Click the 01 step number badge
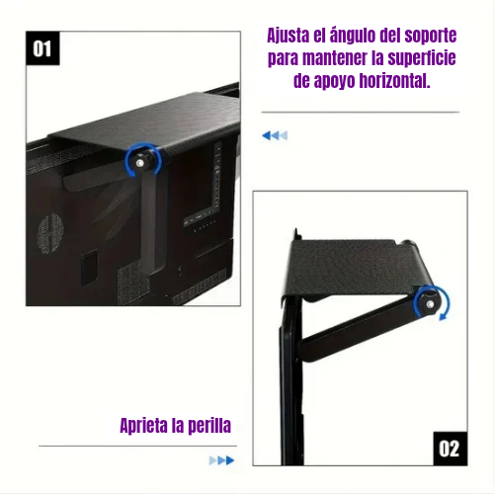(x=42, y=48)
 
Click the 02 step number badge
(x=450, y=449)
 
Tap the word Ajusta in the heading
(x=288, y=36)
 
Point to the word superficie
(x=422, y=58)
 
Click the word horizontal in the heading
(x=394, y=81)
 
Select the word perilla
(x=208, y=426)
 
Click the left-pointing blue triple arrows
(x=275, y=135)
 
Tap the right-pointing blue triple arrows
(x=221, y=460)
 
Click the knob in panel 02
(x=429, y=303)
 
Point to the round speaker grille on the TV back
(x=50, y=234)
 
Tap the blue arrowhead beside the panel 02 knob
(x=444, y=317)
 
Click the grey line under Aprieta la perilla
(x=137, y=447)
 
